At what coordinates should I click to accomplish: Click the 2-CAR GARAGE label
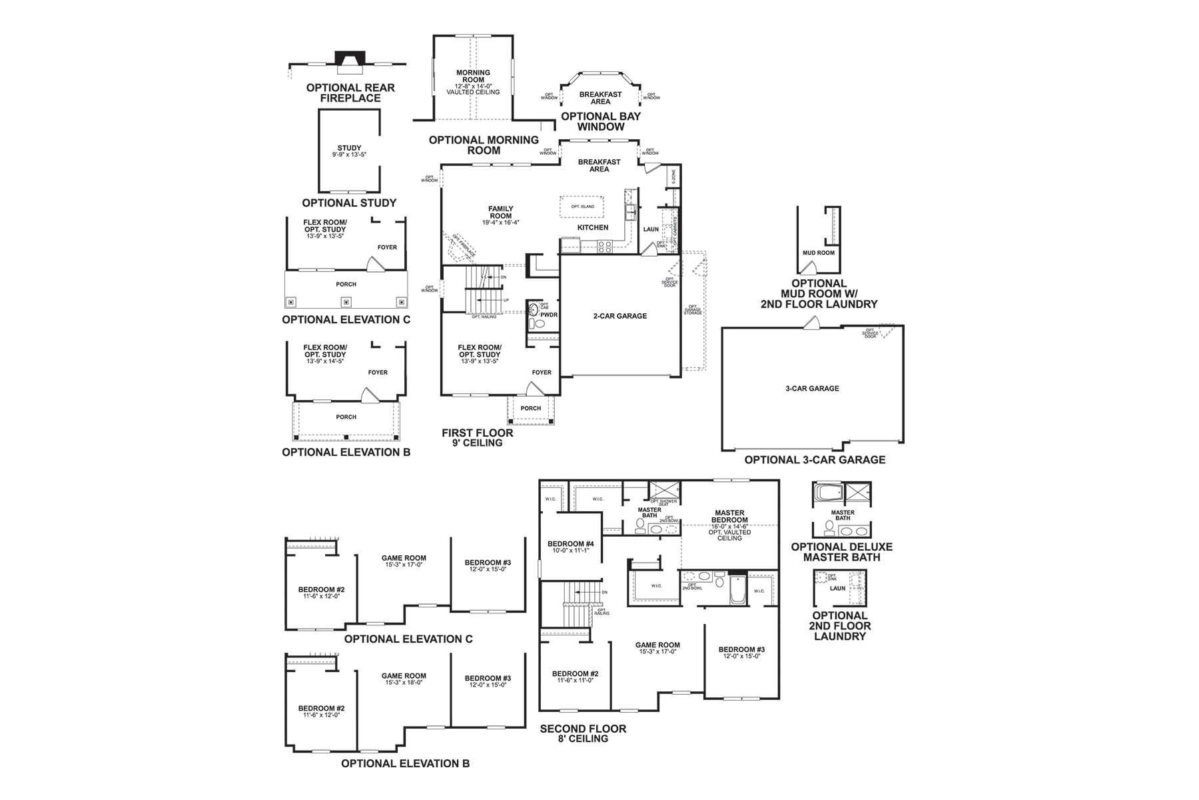619,316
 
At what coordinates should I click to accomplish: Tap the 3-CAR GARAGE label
812,389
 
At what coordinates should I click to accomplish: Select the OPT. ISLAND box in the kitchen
582,207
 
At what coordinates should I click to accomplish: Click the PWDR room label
549,315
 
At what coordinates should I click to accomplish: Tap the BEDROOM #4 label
570,544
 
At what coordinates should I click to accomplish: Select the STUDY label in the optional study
349,149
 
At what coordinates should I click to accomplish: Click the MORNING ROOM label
473,76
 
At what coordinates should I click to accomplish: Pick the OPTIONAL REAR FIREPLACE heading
350,93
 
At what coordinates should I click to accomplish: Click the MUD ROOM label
818,253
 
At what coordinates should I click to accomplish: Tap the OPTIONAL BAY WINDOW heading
600,121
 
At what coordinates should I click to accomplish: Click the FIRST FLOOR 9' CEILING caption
478,437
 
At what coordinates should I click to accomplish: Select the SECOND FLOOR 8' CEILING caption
583,733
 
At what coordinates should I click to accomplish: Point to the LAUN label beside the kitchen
651,229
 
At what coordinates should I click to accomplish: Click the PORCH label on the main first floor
530,409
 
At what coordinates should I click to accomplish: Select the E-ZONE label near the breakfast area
673,177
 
